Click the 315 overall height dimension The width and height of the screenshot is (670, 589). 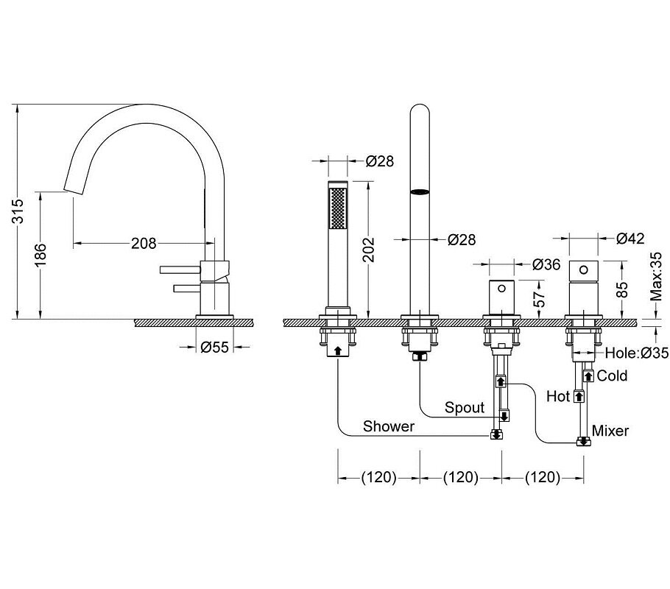18,211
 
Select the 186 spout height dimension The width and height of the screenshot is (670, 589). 40,255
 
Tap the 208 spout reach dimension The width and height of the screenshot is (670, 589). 144,243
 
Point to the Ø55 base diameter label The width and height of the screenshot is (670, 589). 215,347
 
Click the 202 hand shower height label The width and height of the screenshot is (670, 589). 368,250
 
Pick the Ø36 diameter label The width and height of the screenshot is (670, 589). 546,264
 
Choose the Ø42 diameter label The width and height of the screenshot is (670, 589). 630,238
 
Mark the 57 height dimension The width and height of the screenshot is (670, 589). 540,299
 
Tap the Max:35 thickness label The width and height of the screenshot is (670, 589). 655,277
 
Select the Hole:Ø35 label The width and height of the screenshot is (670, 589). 637,353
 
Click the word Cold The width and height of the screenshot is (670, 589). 612,375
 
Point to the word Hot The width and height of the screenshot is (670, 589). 558,396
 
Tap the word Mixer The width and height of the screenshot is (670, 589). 610,431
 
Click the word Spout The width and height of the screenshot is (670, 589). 465,407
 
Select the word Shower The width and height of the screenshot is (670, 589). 389,426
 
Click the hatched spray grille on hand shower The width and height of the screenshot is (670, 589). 337,208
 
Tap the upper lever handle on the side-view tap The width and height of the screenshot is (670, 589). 180,269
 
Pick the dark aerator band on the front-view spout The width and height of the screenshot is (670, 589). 420,192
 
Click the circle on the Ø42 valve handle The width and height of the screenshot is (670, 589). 583,269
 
